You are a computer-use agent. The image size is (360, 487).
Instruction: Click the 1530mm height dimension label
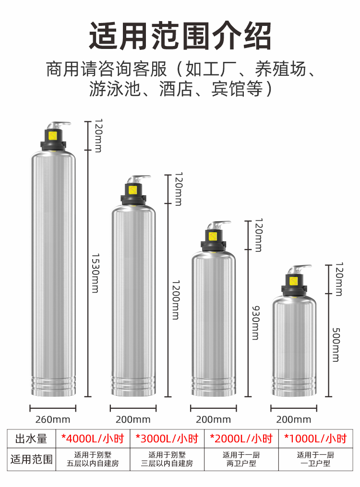point(96,273)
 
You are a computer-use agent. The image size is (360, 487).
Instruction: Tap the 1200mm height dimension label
point(176,300)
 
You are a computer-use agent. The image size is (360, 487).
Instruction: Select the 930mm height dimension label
point(256,323)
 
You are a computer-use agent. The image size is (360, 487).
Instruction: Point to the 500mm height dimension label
point(336,345)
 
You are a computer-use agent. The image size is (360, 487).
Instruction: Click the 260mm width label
point(53,420)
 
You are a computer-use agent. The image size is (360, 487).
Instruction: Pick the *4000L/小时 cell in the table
point(93,439)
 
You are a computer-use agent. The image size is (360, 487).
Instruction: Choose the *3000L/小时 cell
point(167,439)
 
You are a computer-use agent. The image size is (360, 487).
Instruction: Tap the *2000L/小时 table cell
point(241,439)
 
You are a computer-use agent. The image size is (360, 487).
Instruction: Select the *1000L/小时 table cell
point(315,439)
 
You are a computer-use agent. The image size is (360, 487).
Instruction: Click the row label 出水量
point(31,439)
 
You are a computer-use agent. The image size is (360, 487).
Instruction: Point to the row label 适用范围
point(31,459)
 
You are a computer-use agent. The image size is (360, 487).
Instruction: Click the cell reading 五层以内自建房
point(93,463)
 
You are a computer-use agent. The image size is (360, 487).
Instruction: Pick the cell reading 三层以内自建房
point(167,463)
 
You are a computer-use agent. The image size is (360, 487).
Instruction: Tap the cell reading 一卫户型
point(315,463)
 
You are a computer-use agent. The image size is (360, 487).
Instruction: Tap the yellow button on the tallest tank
point(52,136)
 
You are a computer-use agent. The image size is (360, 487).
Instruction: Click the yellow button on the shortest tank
point(294,281)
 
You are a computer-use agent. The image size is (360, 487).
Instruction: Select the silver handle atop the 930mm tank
point(219,225)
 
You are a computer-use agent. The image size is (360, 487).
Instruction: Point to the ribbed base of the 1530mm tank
point(53,386)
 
